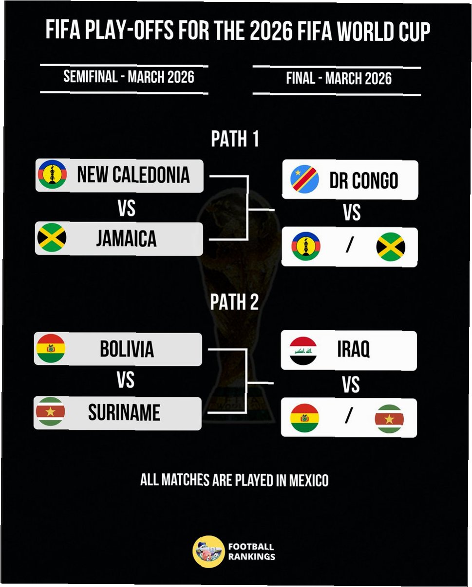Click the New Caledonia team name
pos(133,175)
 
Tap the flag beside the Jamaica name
pos(52,238)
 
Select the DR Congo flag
pos(305,179)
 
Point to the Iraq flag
pos(303,351)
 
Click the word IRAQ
pos(353,350)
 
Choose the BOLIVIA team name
pos(127,349)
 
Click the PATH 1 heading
pos(235,140)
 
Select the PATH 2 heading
pos(234,302)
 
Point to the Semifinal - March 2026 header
pos(129,77)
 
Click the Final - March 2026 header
pos(339,78)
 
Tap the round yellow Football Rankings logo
pos(208,551)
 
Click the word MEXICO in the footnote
pos(309,480)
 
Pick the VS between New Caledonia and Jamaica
pos(126,209)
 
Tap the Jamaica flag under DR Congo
pos(391,247)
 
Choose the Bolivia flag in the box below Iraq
pos(304,418)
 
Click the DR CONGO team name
pos(363,180)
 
